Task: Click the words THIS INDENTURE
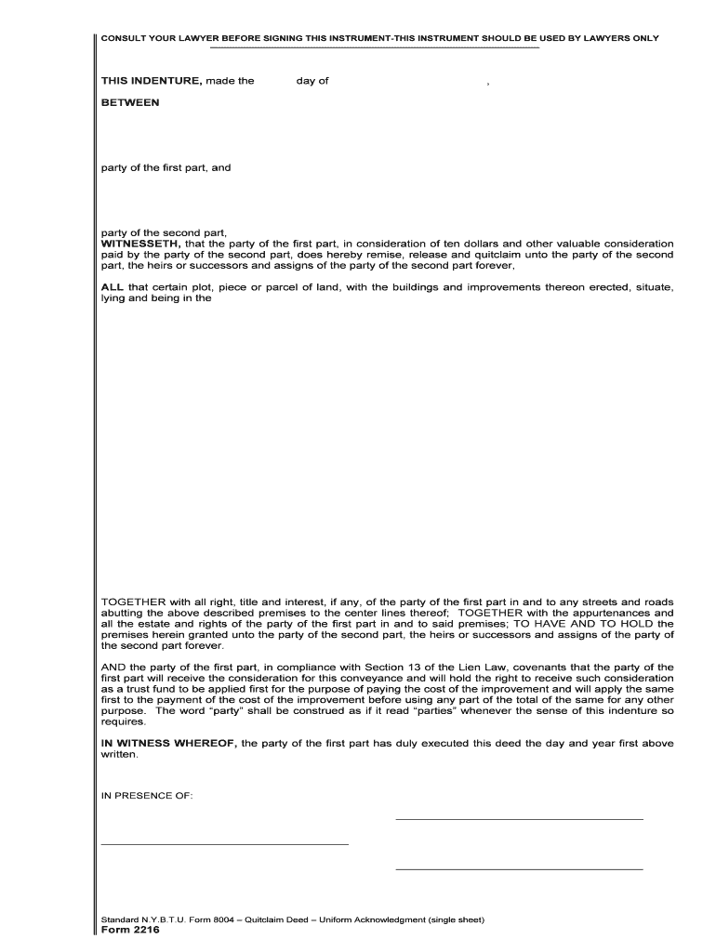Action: click(151, 81)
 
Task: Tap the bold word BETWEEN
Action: click(129, 103)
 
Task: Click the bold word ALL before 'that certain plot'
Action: click(113, 287)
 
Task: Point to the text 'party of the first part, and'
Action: click(166, 168)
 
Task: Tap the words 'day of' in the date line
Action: click(312, 81)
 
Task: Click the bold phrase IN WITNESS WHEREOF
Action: click(169, 743)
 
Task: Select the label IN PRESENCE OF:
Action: click(147, 795)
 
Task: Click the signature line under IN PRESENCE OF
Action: click(224, 844)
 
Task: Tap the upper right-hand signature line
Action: click(519, 819)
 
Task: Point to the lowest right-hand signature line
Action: click(519, 869)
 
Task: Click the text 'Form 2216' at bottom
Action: click(129, 931)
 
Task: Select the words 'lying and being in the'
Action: click(156, 298)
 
